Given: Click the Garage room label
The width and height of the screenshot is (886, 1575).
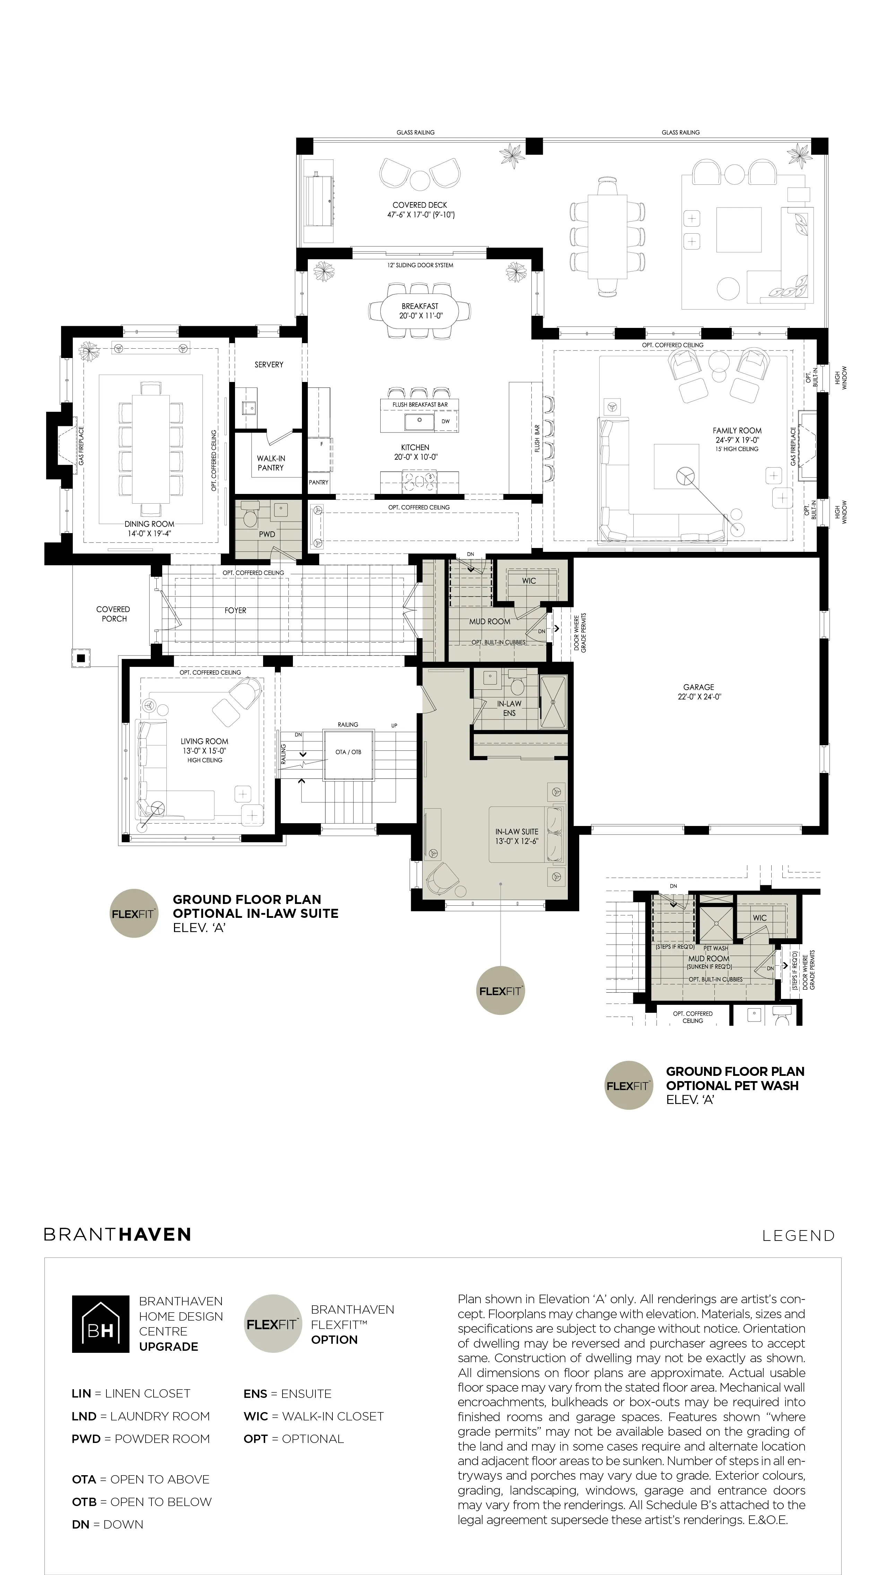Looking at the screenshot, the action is point(699,687).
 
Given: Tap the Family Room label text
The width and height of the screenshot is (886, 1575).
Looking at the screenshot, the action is point(737,430).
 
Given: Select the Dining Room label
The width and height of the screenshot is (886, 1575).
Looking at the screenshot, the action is point(149,524).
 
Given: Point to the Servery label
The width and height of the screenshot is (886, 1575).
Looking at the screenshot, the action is point(269,364).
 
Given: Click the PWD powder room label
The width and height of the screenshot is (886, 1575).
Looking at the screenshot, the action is point(267,534).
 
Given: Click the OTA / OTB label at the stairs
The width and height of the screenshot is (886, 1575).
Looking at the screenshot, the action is point(348,752).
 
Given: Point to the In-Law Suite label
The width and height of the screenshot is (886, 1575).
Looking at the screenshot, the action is point(517,832).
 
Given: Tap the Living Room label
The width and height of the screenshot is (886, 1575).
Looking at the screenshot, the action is point(204,741).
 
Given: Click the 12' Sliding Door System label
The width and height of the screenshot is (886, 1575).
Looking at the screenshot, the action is point(420,266).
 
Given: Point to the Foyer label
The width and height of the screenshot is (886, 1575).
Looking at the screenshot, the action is point(235,610).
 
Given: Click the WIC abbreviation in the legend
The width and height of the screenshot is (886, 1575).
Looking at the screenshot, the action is point(255,1416).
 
